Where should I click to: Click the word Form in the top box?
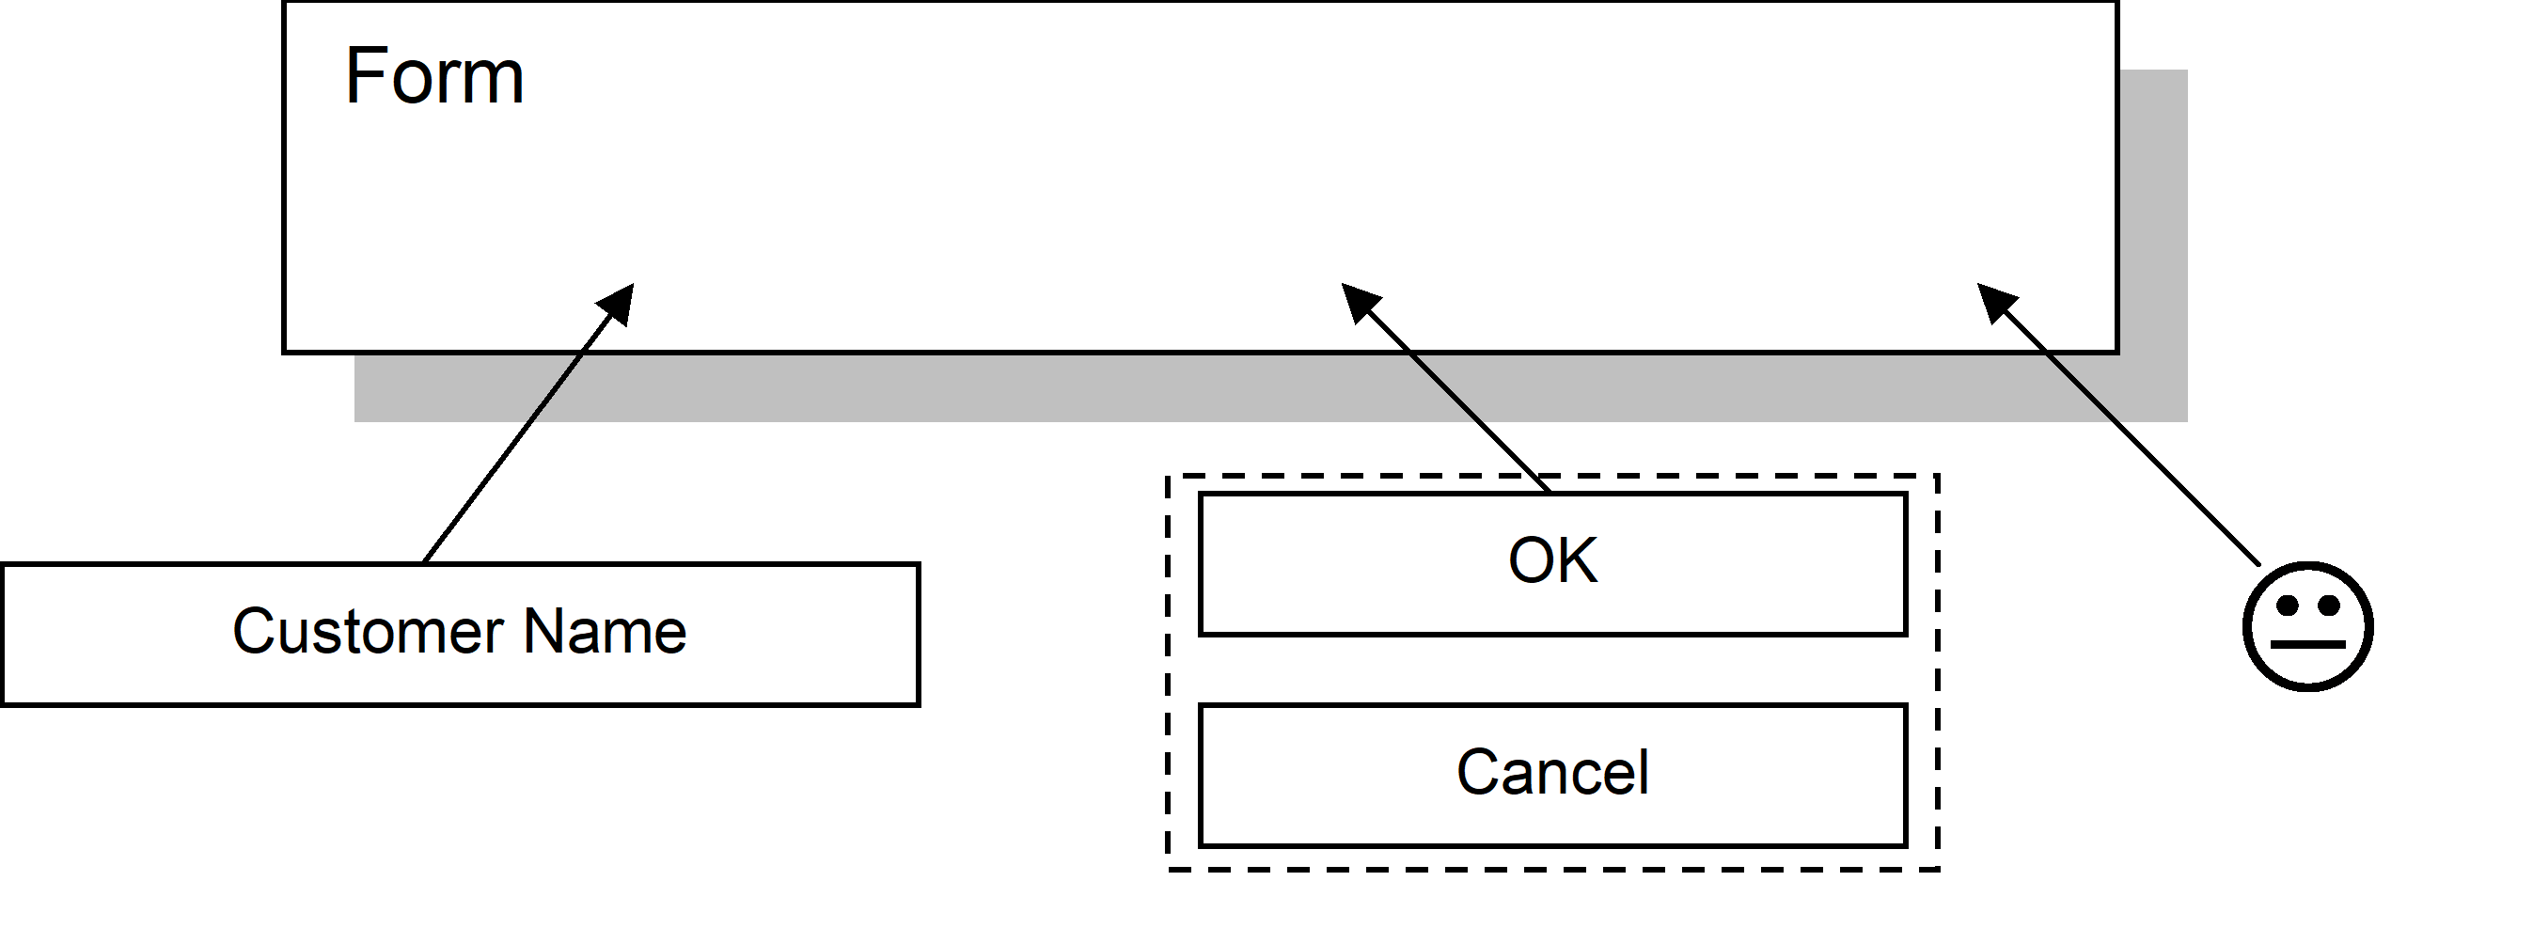[433, 77]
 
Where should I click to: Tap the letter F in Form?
[364, 77]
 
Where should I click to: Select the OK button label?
[1552, 561]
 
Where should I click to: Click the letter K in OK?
[1577, 561]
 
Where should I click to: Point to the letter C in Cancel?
[1478, 773]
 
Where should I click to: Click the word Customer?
[368, 631]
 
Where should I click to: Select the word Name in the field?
[605, 631]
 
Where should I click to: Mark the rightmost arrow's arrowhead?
[1994, 300]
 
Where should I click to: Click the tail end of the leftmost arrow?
[530, 420]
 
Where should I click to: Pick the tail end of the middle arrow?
[1479, 420]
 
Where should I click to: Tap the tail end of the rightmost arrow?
[2116, 420]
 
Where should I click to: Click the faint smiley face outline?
[2306, 626]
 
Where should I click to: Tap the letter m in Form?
[493, 83]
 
